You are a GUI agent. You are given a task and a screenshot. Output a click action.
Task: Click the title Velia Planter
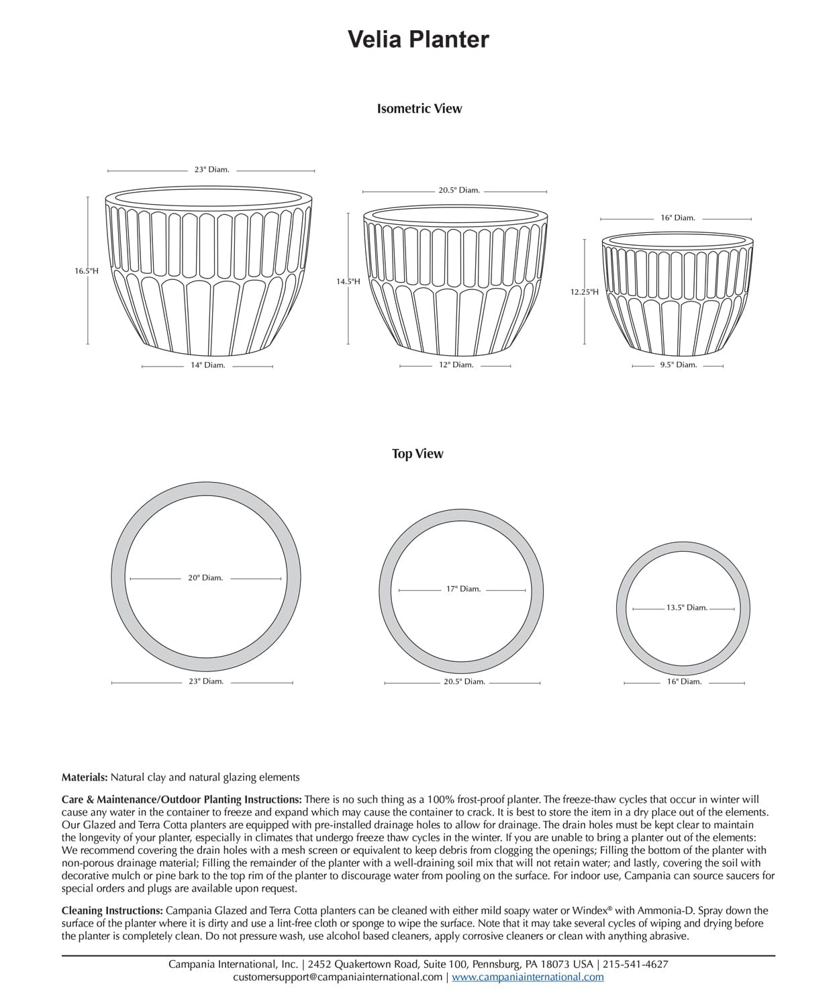click(418, 40)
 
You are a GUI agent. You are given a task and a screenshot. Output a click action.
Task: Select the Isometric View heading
click(419, 109)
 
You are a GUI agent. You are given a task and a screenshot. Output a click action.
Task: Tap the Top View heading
click(417, 454)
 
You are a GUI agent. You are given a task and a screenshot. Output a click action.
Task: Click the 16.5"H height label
click(87, 271)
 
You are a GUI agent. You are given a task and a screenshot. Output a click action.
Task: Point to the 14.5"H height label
click(348, 281)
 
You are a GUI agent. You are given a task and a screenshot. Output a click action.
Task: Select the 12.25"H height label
click(584, 292)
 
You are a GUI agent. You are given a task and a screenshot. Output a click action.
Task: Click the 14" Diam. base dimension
click(207, 365)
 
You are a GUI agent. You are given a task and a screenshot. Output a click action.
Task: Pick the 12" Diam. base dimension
click(456, 365)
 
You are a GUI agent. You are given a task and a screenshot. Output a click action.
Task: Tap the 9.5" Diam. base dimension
click(678, 365)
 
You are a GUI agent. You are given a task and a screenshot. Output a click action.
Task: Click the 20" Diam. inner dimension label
click(205, 578)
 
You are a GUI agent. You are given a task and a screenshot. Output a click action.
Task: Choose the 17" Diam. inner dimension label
click(463, 589)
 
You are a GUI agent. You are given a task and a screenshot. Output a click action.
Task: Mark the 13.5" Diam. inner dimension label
click(687, 608)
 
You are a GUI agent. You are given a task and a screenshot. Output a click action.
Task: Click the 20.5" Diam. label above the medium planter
click(459, 191)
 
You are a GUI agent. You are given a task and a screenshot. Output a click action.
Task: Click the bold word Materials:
click(85, 777)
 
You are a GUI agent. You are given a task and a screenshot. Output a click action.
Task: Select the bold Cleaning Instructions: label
click(112, 911)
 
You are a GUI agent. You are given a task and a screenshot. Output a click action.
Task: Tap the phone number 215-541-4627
click(636, 964)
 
